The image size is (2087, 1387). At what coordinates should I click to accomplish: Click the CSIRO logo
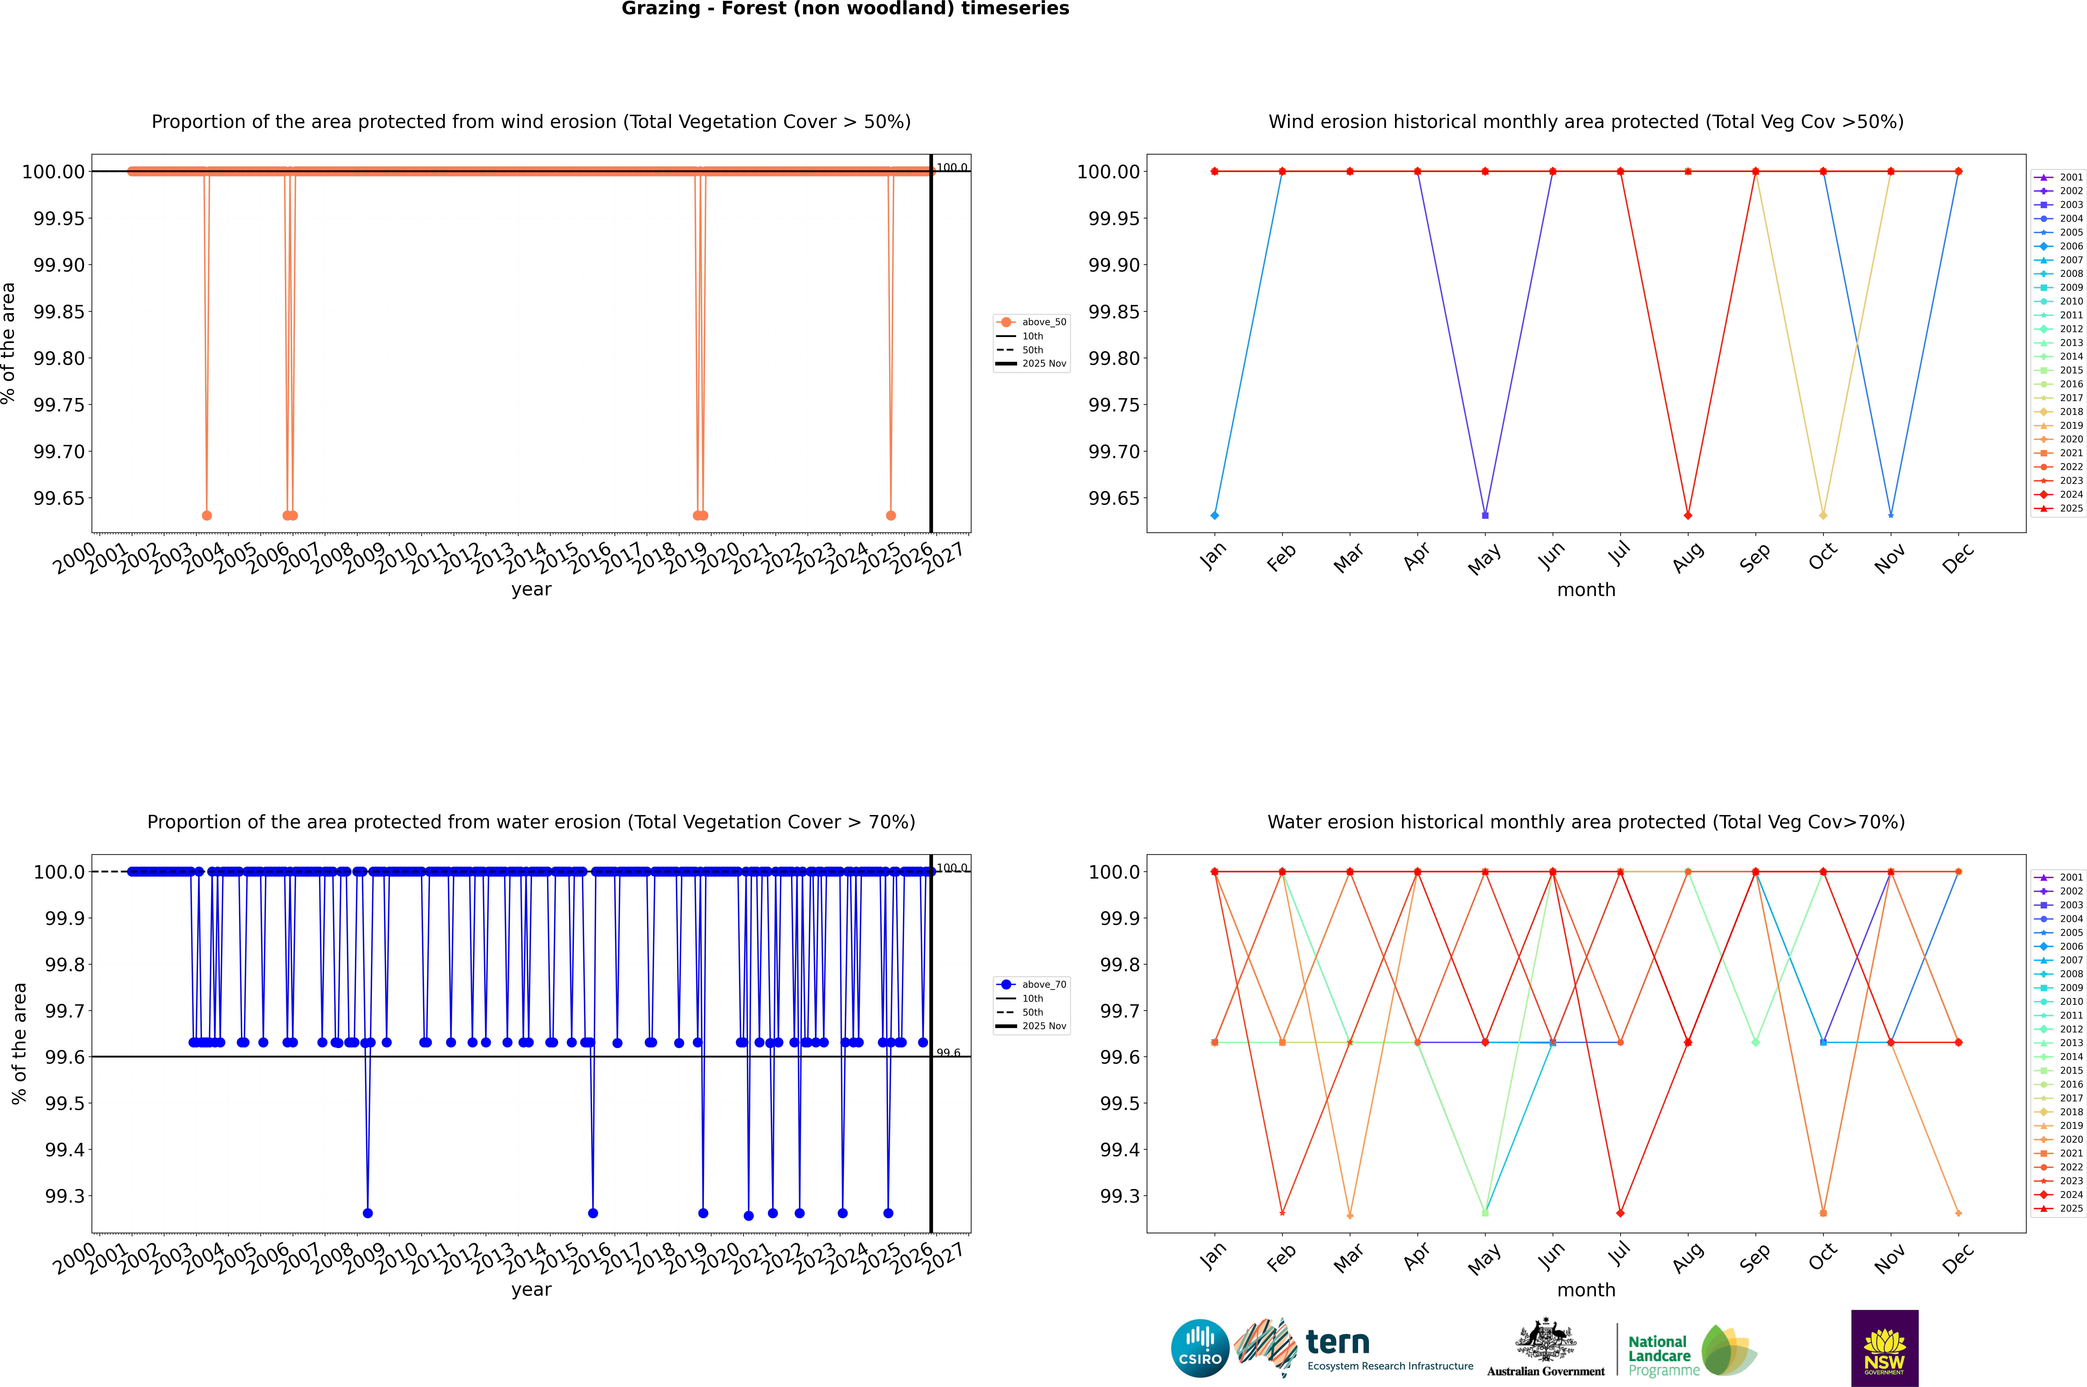pyautogui.click(x=1200, y=1348)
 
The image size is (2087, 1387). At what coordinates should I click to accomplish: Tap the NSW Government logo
pyautogui.click(x=1884, y=1348)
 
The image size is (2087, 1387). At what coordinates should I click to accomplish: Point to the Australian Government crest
pyautogui.click(x=1546, y=1342)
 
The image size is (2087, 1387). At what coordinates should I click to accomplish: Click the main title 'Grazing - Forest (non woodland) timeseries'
pyautogui.click(x=845, y=9)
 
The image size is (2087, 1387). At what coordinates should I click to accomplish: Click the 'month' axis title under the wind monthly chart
pyautogui.click(x=1586, y=590)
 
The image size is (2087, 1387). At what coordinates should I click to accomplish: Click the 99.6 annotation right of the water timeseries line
pyautogui.click(x=948, y=1053)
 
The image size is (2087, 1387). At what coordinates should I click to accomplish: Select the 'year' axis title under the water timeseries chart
pyautogui.click(x=531, y=1290)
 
